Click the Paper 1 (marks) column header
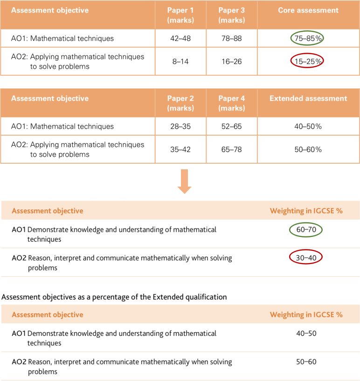point(180,15)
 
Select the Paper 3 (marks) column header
point(232,15)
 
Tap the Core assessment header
point(308,10)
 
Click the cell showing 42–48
point(180,39)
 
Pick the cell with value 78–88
point(232,39)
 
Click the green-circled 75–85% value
point(307,38)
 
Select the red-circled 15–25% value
point(307,61)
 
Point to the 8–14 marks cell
point(180,62)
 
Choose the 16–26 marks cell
point(232,62)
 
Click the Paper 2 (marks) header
point(180,103)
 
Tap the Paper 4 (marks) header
point(232,103)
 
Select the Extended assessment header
point(308,98)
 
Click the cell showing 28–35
point(180,126)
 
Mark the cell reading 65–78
point(232,149)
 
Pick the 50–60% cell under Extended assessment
point(308,149)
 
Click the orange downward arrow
point(184,181)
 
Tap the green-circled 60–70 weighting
point(306,230)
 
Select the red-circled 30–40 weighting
point(306,257)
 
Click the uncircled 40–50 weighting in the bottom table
point(306,333)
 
